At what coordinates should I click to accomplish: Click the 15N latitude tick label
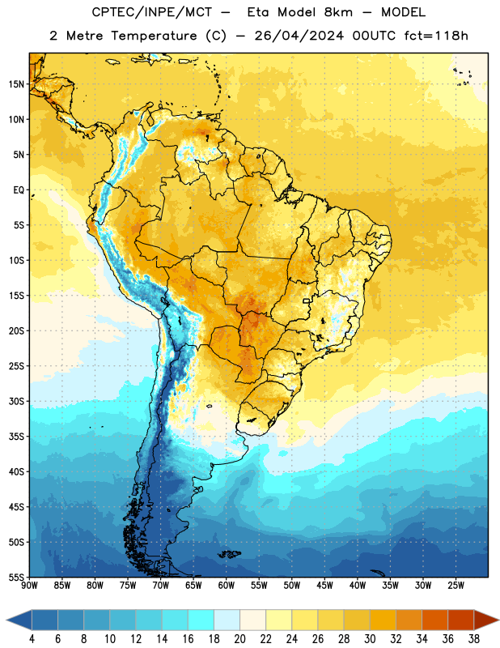[x=16, y=84]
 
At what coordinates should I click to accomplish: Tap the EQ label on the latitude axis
[x=19, y=190]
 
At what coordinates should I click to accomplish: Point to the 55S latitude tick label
[x=16, y=577]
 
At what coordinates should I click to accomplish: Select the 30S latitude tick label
[x=16, y=401]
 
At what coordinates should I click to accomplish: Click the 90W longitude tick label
[x=29, y=585]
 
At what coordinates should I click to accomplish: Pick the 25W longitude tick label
[x=456, y=585]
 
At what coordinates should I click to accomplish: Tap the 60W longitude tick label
[x=227, y=585]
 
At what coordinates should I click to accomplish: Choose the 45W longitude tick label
[x=324, y=585]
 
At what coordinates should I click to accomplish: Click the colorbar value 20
[x=239, y=639]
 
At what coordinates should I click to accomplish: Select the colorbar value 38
[x=474, y=639]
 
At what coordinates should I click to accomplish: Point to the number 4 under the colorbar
[x=32, y=639]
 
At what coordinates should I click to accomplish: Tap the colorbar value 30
[x=370, y=639]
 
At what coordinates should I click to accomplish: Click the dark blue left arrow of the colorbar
[x=19, y=620]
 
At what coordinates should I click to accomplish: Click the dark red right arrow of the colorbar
[x=486, y=620]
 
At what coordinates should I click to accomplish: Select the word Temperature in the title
[x=154, y=36]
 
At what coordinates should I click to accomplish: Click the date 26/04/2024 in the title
[x=299, y=36]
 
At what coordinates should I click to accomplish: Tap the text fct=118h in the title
[x=436, y=36]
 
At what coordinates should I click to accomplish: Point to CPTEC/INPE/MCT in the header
[x=151, y=12]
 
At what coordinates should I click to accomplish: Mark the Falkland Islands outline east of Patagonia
[x=230, y=554]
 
